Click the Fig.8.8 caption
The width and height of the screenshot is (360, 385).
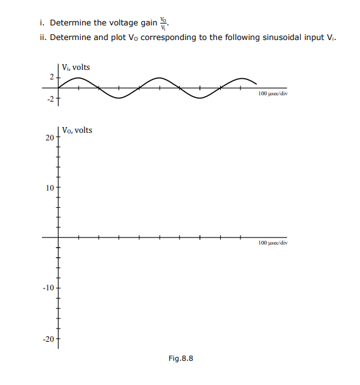181,358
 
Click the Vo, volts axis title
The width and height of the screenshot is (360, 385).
77,130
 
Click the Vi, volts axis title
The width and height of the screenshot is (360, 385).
76,67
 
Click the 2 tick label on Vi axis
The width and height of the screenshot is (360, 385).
52,78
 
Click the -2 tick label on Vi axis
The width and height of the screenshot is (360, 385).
50,98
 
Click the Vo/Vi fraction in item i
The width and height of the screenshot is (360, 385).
165,23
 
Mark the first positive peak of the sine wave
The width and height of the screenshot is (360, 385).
78,78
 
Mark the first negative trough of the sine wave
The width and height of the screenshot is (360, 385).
118,98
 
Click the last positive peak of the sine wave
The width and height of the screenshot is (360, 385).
241,78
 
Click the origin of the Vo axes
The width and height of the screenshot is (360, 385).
58,238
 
